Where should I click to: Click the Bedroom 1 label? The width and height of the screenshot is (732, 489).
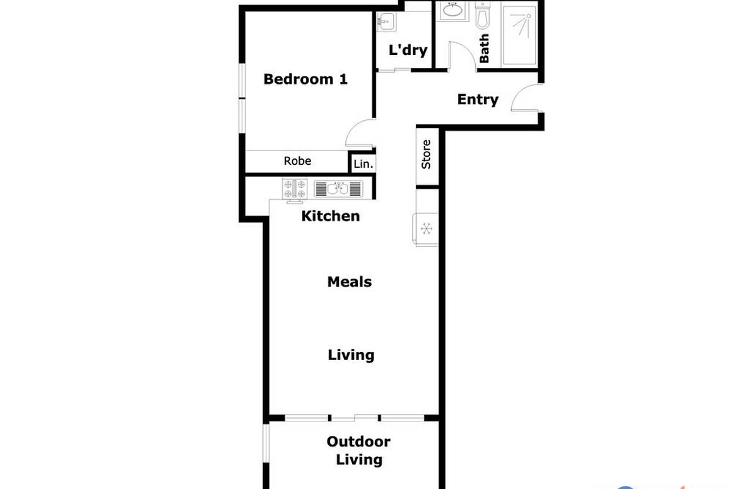(305, 80)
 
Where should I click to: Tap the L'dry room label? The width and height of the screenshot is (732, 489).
(408, 50)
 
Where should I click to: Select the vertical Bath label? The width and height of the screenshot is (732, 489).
(484, 49)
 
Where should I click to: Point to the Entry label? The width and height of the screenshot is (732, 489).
(478, 99)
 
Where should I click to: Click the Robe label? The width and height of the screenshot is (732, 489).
(297, 161)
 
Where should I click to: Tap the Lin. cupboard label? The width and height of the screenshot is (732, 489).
(363, 164)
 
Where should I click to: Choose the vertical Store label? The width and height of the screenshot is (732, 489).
(426, 154)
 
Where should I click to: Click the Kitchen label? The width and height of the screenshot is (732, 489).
(331, 216)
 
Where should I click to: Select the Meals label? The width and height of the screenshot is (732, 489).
(349, 282)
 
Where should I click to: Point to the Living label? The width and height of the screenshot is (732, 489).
(351, 355)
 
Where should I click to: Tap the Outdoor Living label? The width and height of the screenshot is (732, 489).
(358, 450)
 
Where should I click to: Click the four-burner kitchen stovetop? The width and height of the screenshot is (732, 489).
(295, 189)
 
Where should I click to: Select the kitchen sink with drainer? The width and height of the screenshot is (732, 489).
(339, 189)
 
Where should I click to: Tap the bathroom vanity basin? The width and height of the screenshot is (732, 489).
(452, 11)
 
